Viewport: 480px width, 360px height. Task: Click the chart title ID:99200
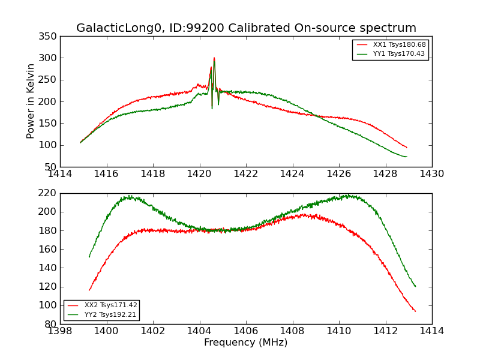click(246, 28)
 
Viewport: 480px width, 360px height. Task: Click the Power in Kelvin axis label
click(31, 101)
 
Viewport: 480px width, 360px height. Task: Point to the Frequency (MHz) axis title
click(246, 343)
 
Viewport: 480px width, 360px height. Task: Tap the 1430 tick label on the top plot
click(431, 174)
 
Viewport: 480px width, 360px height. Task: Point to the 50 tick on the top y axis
click(50, 167)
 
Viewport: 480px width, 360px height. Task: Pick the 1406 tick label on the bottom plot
click(246, 331)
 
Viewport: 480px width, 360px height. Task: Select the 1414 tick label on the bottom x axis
click(431, 331)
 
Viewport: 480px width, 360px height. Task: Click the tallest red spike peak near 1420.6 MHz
click(214, 58)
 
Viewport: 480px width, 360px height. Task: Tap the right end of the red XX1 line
click(407, 148)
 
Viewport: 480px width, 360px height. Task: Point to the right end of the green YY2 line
click(415, 286)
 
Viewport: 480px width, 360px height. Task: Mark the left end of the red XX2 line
click(89, 290)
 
